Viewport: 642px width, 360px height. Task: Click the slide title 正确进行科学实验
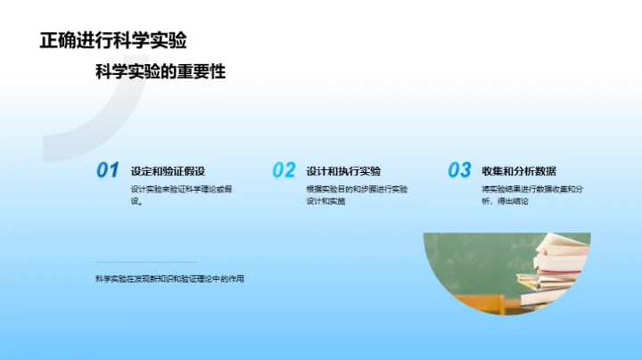tap(113, 41)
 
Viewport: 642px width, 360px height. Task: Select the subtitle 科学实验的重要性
tap(160, 72)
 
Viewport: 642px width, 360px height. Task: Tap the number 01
tap(107, 170)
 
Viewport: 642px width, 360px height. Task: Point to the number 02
tap(284, 170)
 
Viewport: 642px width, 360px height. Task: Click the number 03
tap(459, 170)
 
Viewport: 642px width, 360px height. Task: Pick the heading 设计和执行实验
tap(343, 171)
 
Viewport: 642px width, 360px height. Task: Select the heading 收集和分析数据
tap(519, 171)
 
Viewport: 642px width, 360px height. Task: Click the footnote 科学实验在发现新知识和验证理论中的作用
tap(170, 279)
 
